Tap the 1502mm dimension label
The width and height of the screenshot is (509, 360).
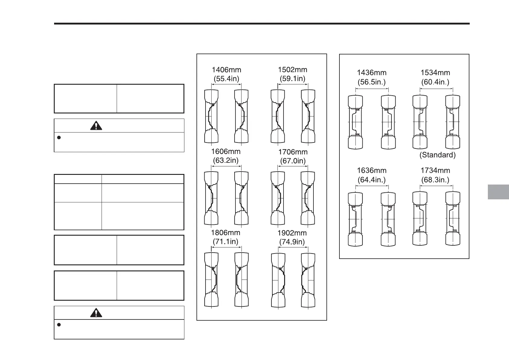tap(292, 70)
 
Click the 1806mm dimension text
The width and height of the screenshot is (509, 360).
tap(226, 233)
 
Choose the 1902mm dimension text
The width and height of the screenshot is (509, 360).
tap(292, 233)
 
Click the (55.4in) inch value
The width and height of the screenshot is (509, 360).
tap(226, 79)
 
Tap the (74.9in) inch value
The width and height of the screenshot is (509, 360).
tap(292, 242)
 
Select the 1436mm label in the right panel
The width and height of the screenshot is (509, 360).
tap(371, 73)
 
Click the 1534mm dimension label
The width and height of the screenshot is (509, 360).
tap(435, 73)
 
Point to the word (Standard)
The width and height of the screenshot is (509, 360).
tap(437, 155)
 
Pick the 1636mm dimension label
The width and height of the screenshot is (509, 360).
tap(371, 171)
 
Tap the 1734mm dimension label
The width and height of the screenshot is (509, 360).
tap(435, 171)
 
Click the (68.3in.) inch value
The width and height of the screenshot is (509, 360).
tap(435, 180)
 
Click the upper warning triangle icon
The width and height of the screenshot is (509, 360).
tap(96, 126)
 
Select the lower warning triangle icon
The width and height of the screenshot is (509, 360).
tap(96, 313)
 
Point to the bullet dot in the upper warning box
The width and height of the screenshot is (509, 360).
tap(59, 138)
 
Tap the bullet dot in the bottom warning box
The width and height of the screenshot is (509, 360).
tap(59, 325)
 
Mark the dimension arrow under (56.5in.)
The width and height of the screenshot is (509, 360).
tap(372, 89)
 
